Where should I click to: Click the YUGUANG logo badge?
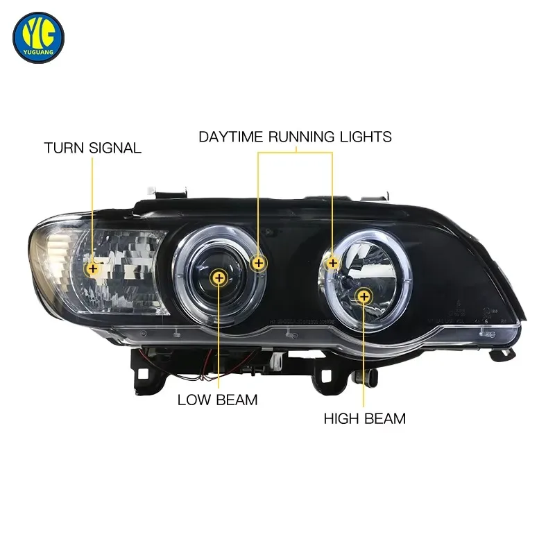(x=38, y=37)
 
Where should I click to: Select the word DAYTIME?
(x=231, y=137)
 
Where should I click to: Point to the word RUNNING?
(x=301, y=137)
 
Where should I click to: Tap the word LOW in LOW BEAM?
(x=194, y=400)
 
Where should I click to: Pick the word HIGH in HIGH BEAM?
(x=341, y=419)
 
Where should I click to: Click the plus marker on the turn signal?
(x=93, y=268)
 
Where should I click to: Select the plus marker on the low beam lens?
(x=219, y=278)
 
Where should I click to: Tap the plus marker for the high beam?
(x=364, y=297)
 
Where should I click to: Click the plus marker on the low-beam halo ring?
(x=259, y=263)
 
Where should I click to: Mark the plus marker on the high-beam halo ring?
(x=333, y=263)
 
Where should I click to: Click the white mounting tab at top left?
(x=151, y=189)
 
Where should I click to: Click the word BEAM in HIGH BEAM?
(x=385, y=419)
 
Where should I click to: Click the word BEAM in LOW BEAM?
(x=237, y=400)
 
